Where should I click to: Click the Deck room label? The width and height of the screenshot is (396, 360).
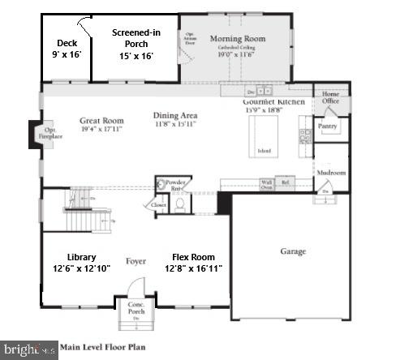(67, 50)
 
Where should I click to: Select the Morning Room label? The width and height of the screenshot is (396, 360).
(238, 40)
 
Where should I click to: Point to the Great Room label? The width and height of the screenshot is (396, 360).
(101, 122)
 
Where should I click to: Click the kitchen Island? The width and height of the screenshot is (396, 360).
(265, 151)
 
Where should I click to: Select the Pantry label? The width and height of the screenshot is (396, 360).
(329, 126)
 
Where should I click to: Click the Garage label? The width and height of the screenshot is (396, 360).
(292, 251)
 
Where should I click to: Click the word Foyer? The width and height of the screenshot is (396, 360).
(135, 261)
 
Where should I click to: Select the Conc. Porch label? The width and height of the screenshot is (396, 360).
(136, 309)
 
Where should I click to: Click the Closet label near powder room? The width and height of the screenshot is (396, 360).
(157, 206)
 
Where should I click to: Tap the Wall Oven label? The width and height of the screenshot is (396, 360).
(266, 184)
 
